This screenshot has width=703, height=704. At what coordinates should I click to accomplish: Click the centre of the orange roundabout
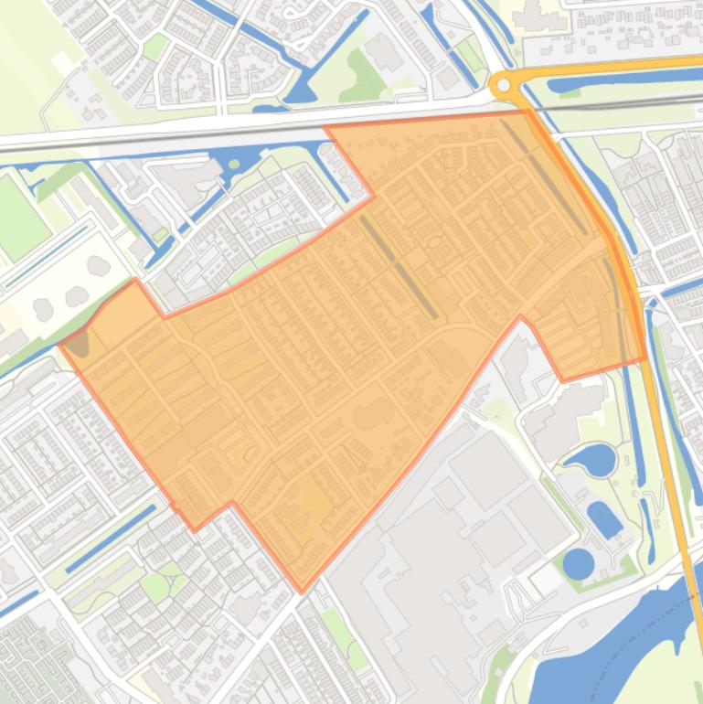[502, 86]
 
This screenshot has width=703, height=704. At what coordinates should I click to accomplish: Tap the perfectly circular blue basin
[578, 563]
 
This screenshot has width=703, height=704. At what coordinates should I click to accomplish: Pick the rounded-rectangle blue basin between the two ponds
[604, 518]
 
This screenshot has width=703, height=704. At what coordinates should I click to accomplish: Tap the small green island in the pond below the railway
[232, 165]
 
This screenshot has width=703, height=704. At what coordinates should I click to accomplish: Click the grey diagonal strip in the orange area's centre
[399, 266]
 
